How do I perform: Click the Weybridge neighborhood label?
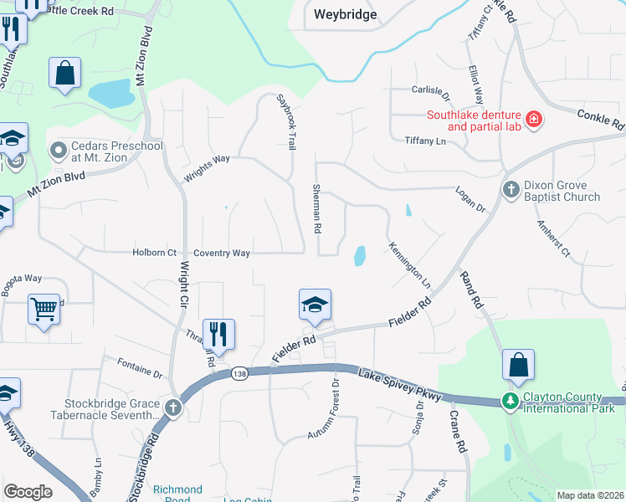(x=345, y=14)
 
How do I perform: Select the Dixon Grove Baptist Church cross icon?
(x=511, y=190)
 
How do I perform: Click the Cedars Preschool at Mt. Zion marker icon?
(x=59, y=151)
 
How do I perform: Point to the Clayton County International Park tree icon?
(x=510, y=402)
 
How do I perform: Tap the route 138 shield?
(x=240, y=374)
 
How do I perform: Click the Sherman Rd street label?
(x=317, y=208)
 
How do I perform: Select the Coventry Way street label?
(x=222, y=253)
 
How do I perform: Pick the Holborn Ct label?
(x=154, y=253)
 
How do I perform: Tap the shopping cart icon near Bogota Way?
(x=44, y=309)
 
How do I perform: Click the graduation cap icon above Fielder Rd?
(x=316, y=304)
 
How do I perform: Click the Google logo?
(x=28, y=492)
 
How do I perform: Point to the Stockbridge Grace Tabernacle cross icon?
(x=173, y=408)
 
